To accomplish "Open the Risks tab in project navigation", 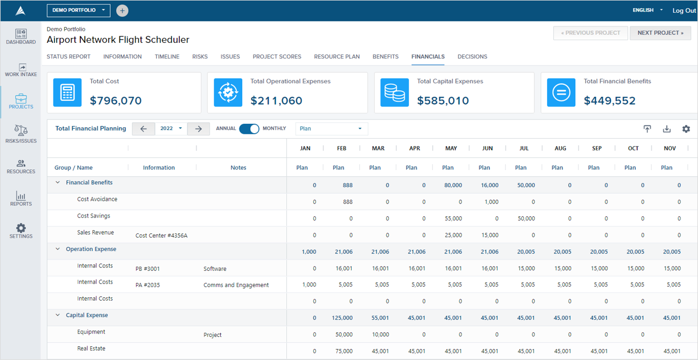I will [x=200, y=57].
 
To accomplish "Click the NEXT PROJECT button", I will [x=660, y=33].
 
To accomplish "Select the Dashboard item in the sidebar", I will [x=21, y=37].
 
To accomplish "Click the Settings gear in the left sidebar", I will [x=21, y=231].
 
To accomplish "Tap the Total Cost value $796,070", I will [x=116, y=101].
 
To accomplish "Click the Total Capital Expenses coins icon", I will [x=395, y=92].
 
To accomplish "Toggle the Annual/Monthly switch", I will [x=249, y=129].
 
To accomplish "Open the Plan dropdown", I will [x=331, y=129].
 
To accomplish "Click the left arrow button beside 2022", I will [x=144, y=129].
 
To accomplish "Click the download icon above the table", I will [x=667, y=129].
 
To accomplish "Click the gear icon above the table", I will [x=686, y=129].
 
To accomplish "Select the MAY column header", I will [x=451, y=149].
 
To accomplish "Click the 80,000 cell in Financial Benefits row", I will [x=453, y=186].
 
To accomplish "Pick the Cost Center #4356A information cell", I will [x=161, y=236].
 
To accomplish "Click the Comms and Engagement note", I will [x=236, y=285].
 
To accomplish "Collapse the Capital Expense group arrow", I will [x=58, y=315].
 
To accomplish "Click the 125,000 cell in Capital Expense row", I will [x=342, y=318].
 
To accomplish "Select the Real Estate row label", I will [x=91, y=348].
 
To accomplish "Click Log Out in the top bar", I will [x=684, y=10].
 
